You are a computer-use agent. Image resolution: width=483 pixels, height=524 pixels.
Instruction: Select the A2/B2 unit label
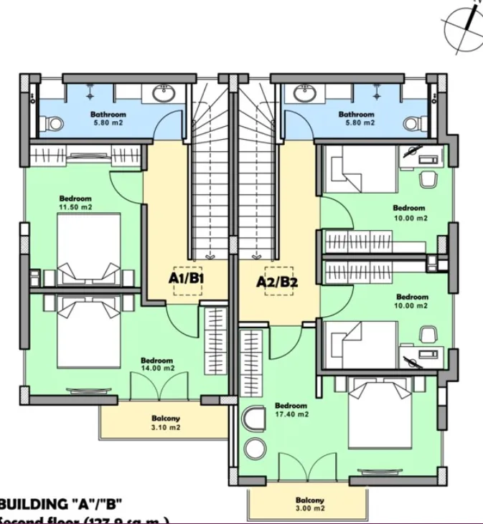pyautogui.click(x=277, y=282)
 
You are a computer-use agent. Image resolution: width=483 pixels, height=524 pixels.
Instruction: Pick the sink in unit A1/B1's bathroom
pyautogui.click(x=164, y=93)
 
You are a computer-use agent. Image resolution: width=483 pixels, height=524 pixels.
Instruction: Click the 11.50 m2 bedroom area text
pyautogui.click(x=75, y=206)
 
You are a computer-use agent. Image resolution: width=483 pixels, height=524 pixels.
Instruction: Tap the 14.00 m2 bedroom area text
pyautogui.click(x=157, y=368)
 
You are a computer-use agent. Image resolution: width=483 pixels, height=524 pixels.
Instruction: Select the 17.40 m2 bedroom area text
pyautogui.click(x=291, y=414)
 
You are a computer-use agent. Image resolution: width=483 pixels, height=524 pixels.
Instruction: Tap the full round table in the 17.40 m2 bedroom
pyautogui.click(x=255, y=449)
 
